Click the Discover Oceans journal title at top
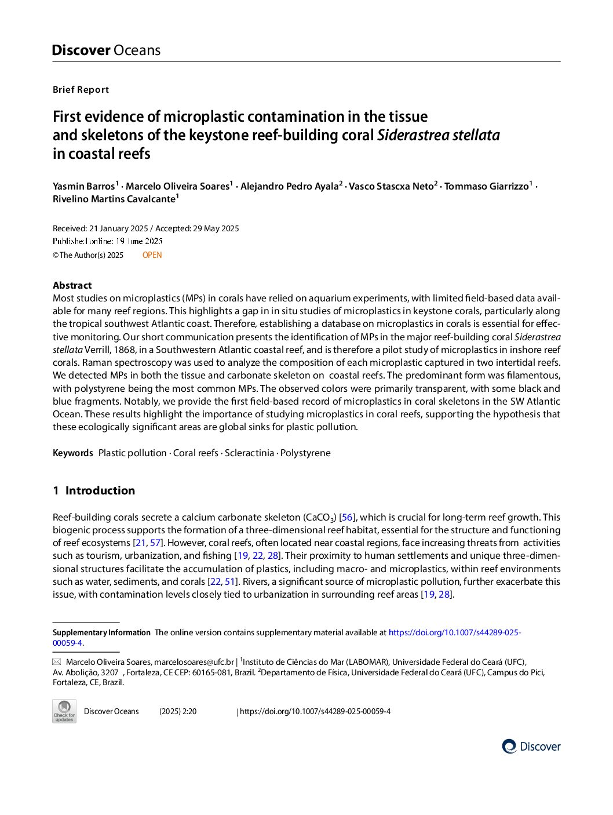pos(106,50)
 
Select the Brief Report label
pos(81,90)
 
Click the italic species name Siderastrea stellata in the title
pos(439,135)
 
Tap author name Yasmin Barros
pos(84,186)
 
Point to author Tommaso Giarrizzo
pos(487,186)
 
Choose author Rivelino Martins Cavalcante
pos(114,199)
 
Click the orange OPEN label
pos(152,255)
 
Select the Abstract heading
pos(72,285)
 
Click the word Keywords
pos(73,453)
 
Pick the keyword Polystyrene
pos(305,453)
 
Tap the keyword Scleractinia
pos(249,453)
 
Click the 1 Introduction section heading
pos(94,490)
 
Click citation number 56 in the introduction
pos(347,517)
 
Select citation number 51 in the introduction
pos(231,581)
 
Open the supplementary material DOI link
pos(454,632)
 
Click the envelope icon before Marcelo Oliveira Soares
pos(57,662)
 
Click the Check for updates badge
pos(64,711)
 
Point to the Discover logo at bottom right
pos(531,747)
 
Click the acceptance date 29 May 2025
pos(216,228)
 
